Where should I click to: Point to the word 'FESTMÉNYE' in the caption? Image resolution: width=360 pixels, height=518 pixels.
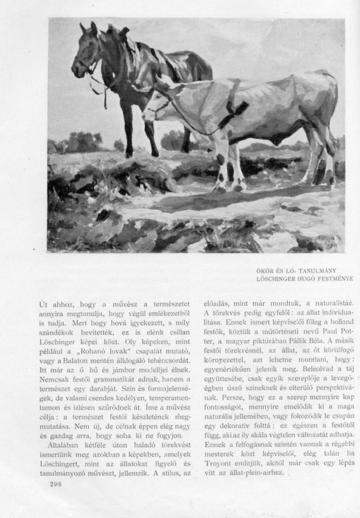pos(336,279)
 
